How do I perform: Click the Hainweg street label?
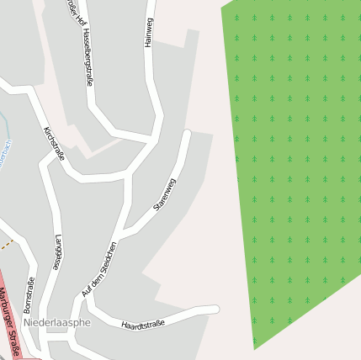tap(149, 33)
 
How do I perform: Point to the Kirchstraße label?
tap(54, 143)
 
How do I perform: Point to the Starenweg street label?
tap(164, 194)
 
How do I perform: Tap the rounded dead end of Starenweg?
tap(187, 133)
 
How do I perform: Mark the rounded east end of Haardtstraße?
tap(215, 310)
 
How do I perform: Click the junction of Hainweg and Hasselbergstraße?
tap(154, 136)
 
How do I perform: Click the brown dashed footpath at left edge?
tap(7, 244)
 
